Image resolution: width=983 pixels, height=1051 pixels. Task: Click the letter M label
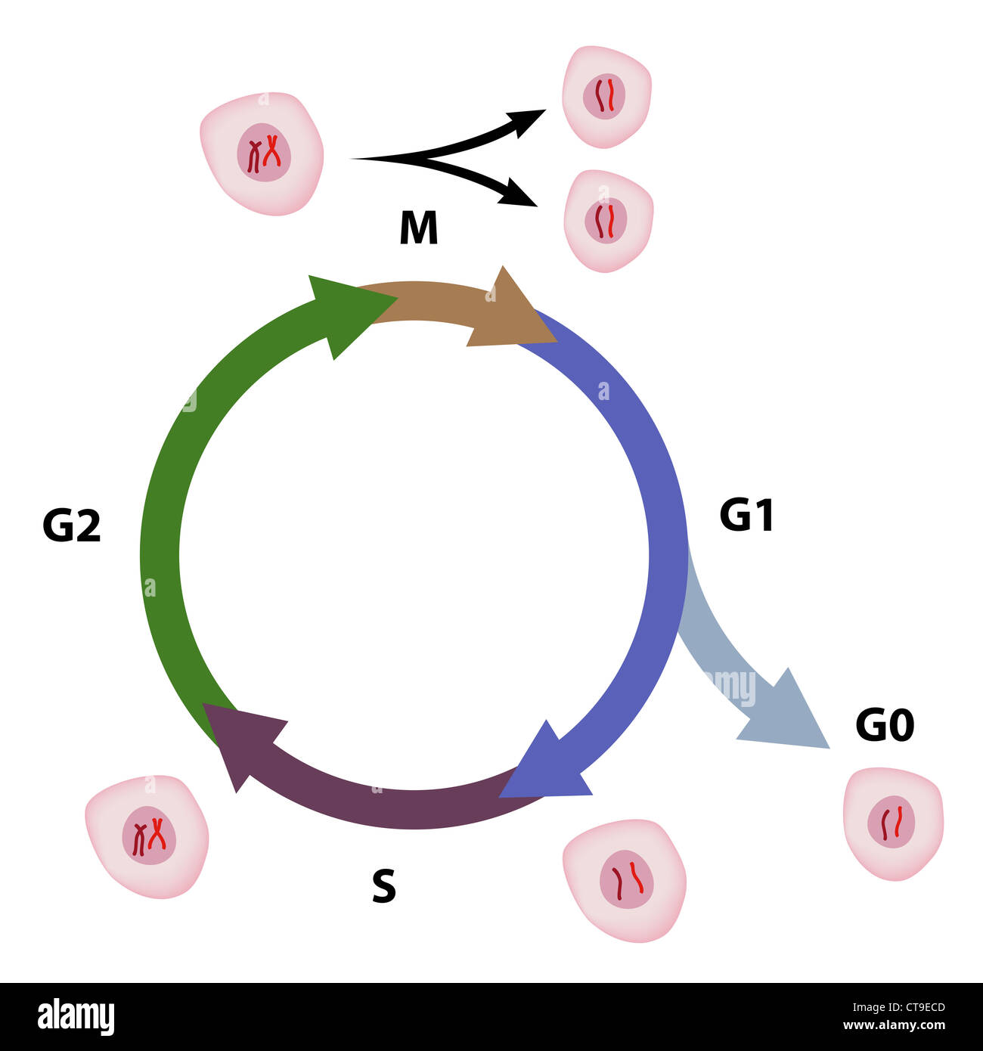point(418,228)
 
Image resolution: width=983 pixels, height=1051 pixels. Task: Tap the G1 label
point(746,516)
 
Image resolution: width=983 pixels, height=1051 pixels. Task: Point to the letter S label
point(384,887)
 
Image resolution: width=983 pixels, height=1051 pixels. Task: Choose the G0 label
point(885,725)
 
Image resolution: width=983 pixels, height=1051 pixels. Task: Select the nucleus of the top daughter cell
point(604,96)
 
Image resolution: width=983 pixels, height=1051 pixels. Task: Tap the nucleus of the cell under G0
point(892,823)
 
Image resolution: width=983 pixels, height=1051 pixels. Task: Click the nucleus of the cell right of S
point(627,879)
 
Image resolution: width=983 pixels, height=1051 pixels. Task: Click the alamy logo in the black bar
point(76,1017)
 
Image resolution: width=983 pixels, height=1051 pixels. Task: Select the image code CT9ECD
point(914,1007)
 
